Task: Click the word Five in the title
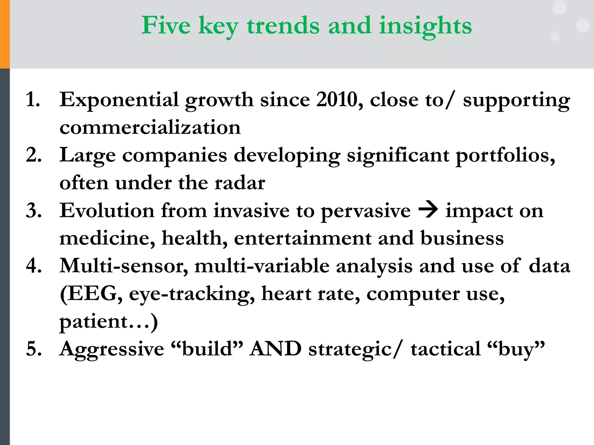(166, 25)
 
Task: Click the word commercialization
(150, 127)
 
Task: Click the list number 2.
(33, 155)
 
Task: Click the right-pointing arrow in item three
(428, 210)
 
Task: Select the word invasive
(251, 211)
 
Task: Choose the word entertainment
(303, 238)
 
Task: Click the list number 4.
(33, 266)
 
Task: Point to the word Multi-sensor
(124, 266)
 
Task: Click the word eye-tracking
(191, 294)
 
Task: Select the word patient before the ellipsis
(93, 322)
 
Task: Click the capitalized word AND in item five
(276, 349)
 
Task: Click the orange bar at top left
(5, 34)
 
